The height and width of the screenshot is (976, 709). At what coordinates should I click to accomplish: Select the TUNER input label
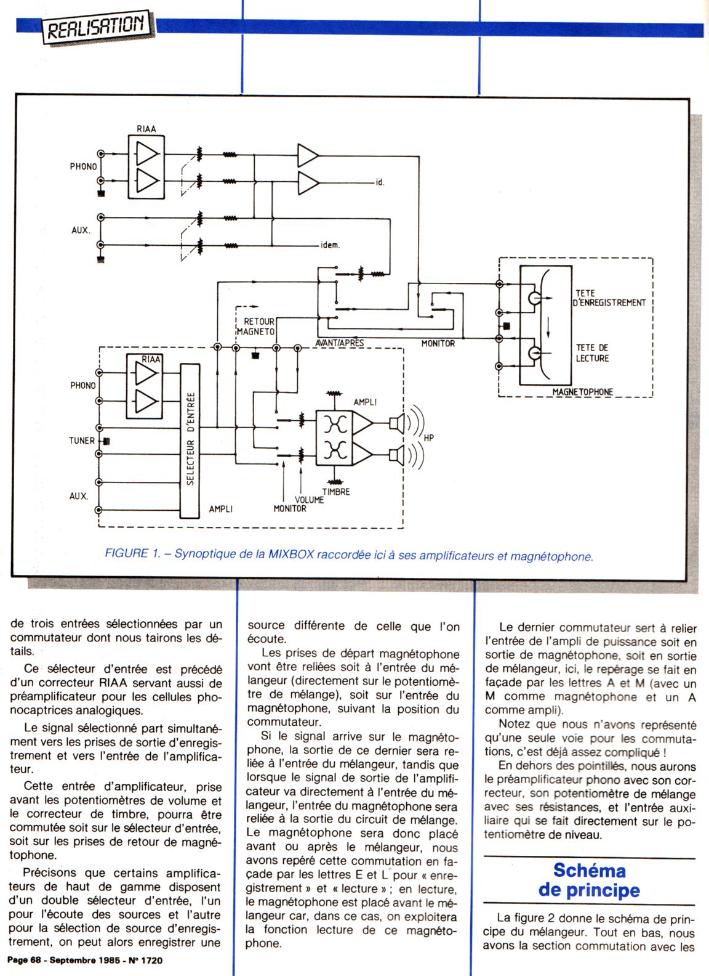pos(82,441)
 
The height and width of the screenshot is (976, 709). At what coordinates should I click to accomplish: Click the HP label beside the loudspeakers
pos(429,439)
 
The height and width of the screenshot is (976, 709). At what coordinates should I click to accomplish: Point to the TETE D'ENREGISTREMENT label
pos(610,298)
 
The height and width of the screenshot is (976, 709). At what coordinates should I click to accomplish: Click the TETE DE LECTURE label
pos(592,353)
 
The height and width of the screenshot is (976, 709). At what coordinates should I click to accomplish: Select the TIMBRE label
pos(335,492)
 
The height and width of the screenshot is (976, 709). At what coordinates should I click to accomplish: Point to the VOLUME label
pos(309,500)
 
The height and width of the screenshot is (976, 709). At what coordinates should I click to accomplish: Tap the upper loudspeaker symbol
pos(397,422)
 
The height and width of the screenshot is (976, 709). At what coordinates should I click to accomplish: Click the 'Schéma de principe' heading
pos(589,880)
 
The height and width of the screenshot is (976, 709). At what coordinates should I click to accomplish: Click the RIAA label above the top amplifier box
pos(146,129)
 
